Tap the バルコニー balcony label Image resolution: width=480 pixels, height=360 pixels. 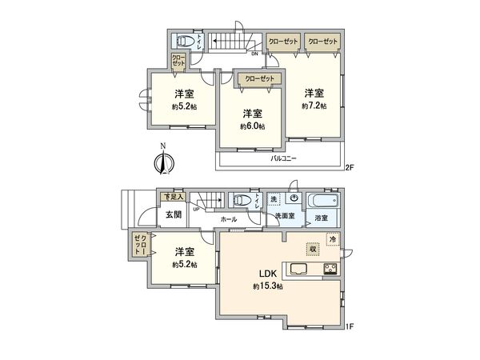pyautogui.click(x=282, y=158)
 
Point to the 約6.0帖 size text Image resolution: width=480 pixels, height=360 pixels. pyautogui.click(x=253, y=126)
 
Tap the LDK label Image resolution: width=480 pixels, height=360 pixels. pyautogui.click(x=265, y=274)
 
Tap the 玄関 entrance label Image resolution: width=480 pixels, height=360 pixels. pyautogui.click(x=174, y=214)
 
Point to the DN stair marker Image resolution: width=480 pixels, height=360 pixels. pyautogui.click(x=254, y=54)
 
